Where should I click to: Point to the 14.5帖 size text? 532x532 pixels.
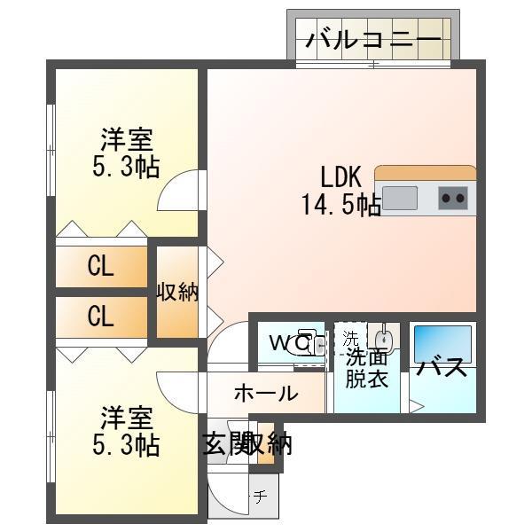point(341,206)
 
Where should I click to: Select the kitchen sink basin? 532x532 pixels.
point(399,198)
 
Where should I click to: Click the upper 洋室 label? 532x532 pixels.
point(126,139)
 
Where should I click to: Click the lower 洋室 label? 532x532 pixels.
point(126,415)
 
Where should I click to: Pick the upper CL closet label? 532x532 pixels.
point(100,267)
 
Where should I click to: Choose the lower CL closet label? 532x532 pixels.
point(100,317)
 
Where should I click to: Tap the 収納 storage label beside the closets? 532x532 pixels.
point(178,292)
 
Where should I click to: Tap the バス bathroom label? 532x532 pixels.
point(442,367)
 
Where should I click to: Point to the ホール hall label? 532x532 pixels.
point(265,394)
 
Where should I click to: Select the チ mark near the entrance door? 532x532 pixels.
point(260,497)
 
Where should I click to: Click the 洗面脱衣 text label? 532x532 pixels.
point(366,368)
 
